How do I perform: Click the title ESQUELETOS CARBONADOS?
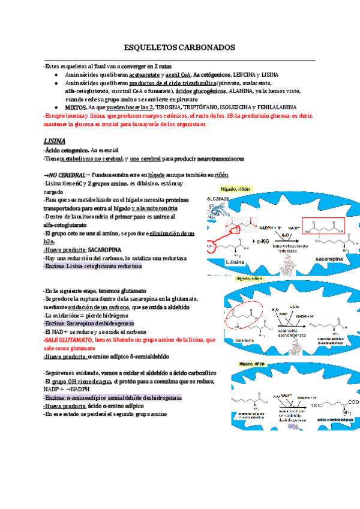coord(179,47)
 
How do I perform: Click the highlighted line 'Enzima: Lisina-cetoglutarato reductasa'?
coord(93,266)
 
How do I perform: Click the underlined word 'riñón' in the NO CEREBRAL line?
coord(221,174)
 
